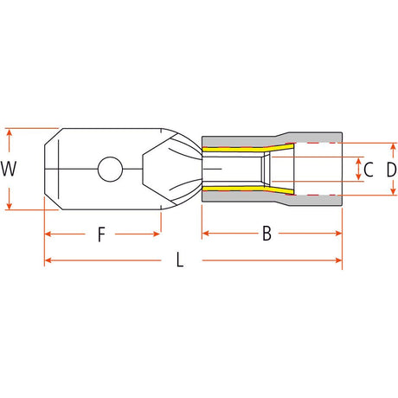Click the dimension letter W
tap(9, 169)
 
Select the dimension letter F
tap(101, 234)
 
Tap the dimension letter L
tap(180, 260)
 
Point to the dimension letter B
tap(266, 234)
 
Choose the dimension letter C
tap(369, 170)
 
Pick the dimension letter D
tap(391, 170)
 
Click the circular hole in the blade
tap(110, 170)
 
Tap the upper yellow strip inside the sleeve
tap(248, 149)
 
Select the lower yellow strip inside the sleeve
tap(248, 189)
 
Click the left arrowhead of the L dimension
tap(48, 260)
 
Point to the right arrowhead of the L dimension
tap(338, 260)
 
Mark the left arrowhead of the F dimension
tap(48, 234)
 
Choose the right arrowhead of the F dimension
tap(157, 234)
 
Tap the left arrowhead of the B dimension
tap(205, 233)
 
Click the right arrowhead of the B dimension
tap(338, 233)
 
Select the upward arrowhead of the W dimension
tap(10, 132)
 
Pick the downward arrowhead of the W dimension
tap(10, 206)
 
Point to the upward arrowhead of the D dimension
tap(393, 146)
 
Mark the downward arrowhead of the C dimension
tap(358, 177)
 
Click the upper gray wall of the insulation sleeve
tap(271, 140)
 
